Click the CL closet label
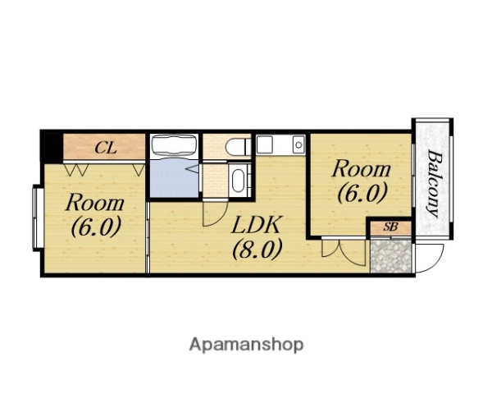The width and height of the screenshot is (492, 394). point(106,148)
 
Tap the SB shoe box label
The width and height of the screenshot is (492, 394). point(390,227)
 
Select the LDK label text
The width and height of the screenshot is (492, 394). point(256,224)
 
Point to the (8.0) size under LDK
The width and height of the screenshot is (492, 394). point(257,249)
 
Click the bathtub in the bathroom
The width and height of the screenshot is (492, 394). point(174,146)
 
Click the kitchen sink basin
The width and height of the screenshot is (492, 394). point(298,144)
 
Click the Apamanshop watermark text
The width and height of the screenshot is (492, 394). point(246,345)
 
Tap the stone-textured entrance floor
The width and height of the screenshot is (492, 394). point(390,256)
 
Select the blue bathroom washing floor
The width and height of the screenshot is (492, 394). point(175,178)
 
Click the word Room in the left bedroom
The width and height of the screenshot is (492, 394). point(95,203)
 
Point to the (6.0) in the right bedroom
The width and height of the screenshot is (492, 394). point(361,192)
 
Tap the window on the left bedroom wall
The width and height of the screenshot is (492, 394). point(38,218)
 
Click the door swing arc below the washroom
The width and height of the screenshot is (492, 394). point(215,213)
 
